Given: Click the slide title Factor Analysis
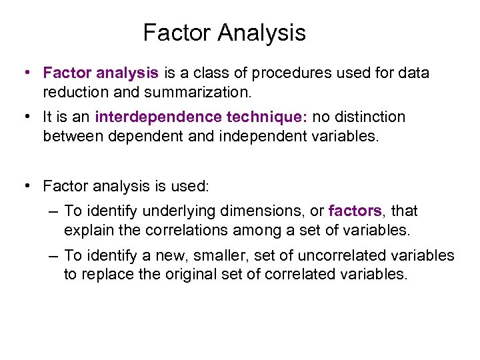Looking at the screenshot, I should (x=224, y=33).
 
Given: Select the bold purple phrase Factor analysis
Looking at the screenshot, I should (x=101, y=73).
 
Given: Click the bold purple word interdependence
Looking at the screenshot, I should (x=159, y=117).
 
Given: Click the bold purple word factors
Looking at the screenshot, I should (x=355, y=211).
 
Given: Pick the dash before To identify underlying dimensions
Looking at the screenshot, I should (x=54, y=212).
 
